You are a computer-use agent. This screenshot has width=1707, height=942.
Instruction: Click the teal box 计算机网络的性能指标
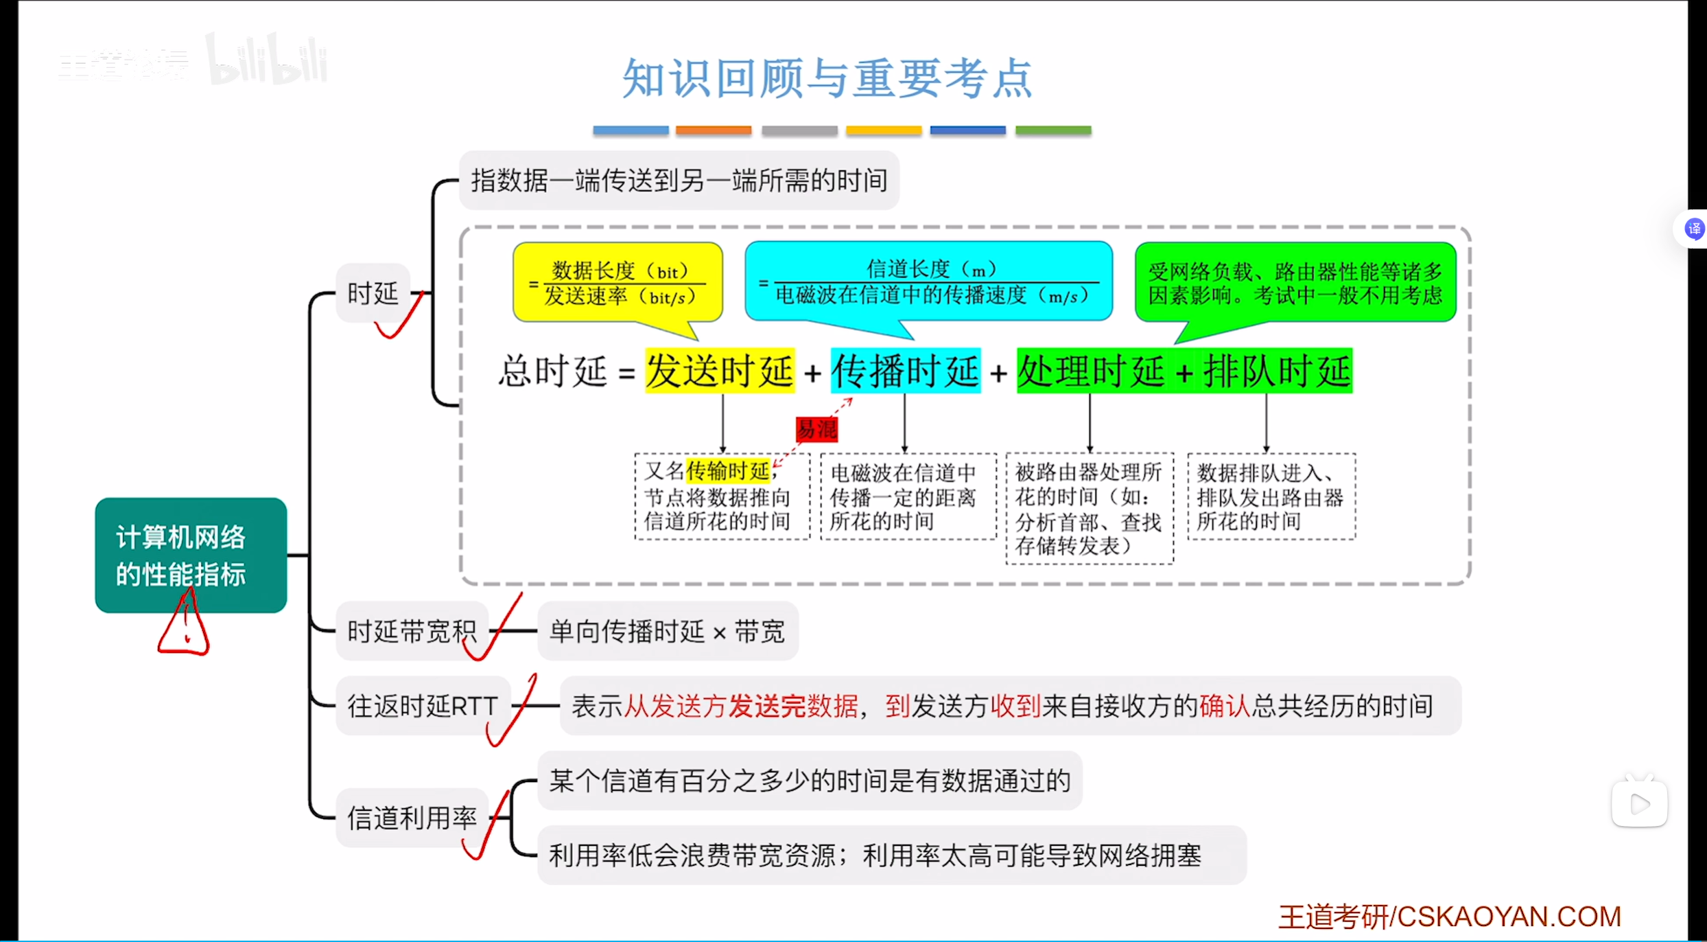click(191, 555)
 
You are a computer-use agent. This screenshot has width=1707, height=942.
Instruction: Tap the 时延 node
click(373, 293)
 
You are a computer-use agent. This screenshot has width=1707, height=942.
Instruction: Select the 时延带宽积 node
click(412, 631)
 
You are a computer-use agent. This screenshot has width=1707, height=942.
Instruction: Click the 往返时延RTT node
click(423, 706)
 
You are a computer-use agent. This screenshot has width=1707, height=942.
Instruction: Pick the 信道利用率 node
click(412, 818)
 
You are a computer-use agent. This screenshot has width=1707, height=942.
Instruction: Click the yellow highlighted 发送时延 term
click(720, 371)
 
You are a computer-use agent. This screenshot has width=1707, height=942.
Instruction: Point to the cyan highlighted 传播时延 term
click(905, 371)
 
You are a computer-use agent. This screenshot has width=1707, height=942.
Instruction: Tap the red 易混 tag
click(816, 430)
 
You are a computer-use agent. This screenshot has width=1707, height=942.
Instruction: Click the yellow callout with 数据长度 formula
click(617, 283)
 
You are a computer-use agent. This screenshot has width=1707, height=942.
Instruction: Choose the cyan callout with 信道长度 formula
click(928, 282)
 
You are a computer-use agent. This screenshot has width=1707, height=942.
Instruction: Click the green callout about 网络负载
click(1295, 283)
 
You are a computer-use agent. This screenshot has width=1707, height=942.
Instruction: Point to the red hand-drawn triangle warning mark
click(184, 626)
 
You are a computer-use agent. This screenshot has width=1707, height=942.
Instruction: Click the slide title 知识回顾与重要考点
click(827, 78)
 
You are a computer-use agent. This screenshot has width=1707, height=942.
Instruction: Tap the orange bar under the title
click(714, 130)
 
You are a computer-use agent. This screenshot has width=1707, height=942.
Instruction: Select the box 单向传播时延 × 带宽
click(667, 631)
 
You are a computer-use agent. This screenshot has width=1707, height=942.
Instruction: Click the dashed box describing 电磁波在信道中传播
click(908, 496)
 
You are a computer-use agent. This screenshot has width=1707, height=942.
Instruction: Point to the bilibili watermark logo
click(268, 60)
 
